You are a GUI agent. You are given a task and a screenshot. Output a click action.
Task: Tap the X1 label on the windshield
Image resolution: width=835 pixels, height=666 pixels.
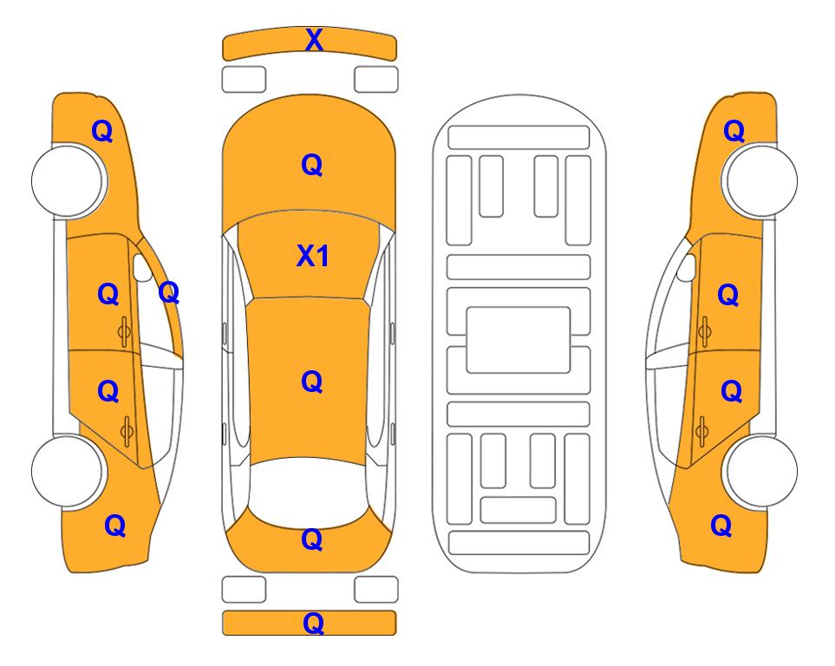313,256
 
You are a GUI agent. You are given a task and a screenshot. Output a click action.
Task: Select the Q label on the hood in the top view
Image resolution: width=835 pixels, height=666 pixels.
312,165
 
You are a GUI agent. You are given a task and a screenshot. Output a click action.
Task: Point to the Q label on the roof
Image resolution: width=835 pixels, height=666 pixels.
312,382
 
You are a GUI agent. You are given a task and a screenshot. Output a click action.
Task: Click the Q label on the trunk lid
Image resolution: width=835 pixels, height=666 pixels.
312,539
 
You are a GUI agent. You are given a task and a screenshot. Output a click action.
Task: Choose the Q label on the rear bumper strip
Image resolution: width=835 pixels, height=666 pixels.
313,623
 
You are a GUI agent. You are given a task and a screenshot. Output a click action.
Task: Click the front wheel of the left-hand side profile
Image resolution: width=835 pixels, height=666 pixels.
68,180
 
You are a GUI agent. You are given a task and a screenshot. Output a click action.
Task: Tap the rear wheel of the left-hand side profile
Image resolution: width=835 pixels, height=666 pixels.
68,471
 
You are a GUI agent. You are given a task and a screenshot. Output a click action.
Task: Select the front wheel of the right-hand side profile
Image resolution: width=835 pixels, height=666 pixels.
760,180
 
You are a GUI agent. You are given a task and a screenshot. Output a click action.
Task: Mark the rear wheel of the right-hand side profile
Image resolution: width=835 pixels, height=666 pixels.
760,471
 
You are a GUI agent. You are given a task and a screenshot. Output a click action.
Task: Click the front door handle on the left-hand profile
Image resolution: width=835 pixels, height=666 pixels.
125,331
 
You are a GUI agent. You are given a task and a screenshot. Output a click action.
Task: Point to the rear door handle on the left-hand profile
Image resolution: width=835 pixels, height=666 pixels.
127,431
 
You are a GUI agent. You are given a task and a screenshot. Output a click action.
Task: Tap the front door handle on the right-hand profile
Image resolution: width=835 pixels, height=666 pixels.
704,331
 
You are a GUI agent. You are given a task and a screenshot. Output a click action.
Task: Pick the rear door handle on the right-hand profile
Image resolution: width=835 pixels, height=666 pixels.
701,431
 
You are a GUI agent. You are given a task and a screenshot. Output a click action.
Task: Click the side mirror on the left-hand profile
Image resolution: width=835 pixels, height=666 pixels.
141,267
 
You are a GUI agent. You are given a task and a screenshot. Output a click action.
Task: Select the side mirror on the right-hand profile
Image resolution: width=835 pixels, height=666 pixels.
687,267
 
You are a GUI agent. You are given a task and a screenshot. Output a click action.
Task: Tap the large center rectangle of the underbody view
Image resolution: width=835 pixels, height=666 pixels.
519,340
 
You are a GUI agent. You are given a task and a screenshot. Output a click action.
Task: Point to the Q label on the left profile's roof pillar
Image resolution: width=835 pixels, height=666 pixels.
169,292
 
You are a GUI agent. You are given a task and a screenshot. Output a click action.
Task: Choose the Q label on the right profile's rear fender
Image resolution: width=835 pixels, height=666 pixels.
721,526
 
